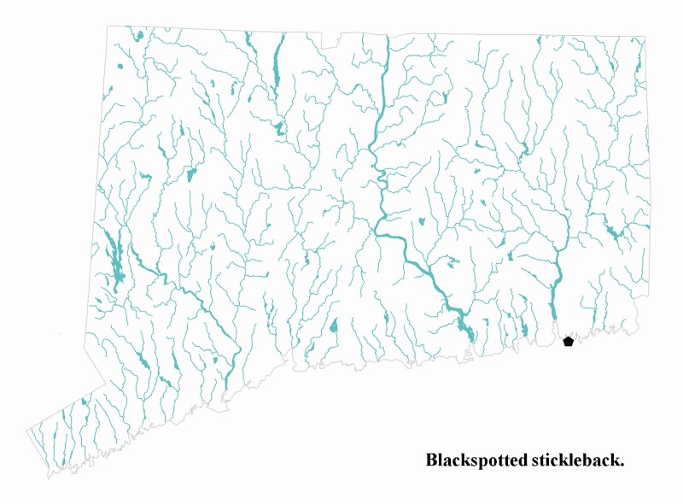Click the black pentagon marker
tap(569, 342)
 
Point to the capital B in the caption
tap(432, 460)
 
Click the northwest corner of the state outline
tap(108, 26)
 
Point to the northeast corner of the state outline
tap(645, 38)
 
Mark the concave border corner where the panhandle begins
tap(106, 384)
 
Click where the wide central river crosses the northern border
tap(387, 37)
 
